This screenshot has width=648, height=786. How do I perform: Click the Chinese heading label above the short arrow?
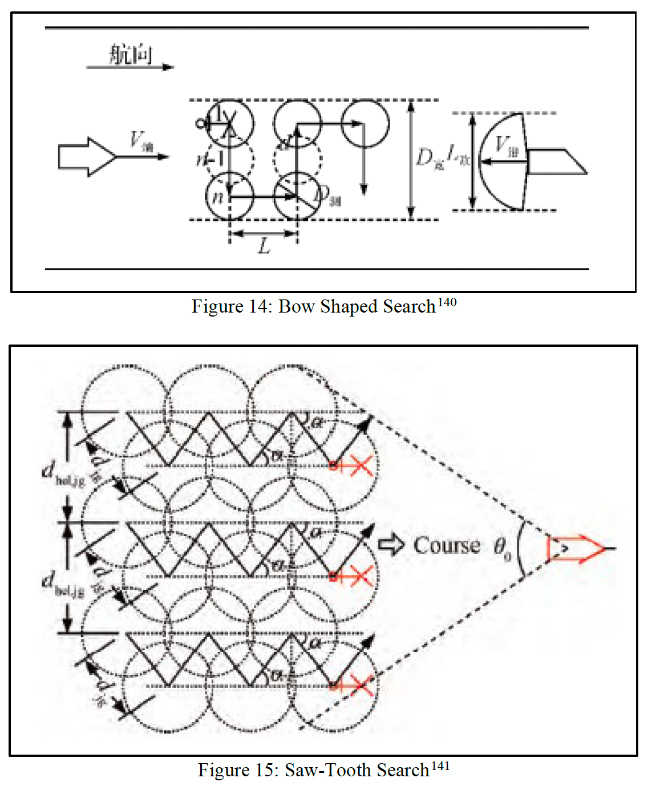pos(131,55)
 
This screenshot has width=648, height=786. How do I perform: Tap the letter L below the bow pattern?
pos(264,246)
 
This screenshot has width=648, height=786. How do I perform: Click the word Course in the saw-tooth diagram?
pos(446,545)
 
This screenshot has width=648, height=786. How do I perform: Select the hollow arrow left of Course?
pos(392,545)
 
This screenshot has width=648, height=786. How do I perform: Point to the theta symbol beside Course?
pos(501,548)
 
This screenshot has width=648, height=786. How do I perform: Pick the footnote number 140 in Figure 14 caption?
pos(447,302)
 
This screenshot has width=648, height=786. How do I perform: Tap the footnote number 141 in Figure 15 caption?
pos(440,766)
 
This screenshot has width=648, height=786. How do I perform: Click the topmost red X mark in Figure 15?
pos(361,465)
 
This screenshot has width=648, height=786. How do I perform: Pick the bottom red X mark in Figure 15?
pos(361,685)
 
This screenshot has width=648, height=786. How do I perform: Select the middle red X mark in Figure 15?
pos(361,576)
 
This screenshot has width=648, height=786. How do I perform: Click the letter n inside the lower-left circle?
pos(218,197)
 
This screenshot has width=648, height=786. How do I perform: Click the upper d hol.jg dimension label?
pos(63,473)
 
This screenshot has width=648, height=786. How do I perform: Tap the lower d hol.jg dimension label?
pos(63,584)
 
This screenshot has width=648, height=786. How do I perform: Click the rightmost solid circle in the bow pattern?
pos(365,123)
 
